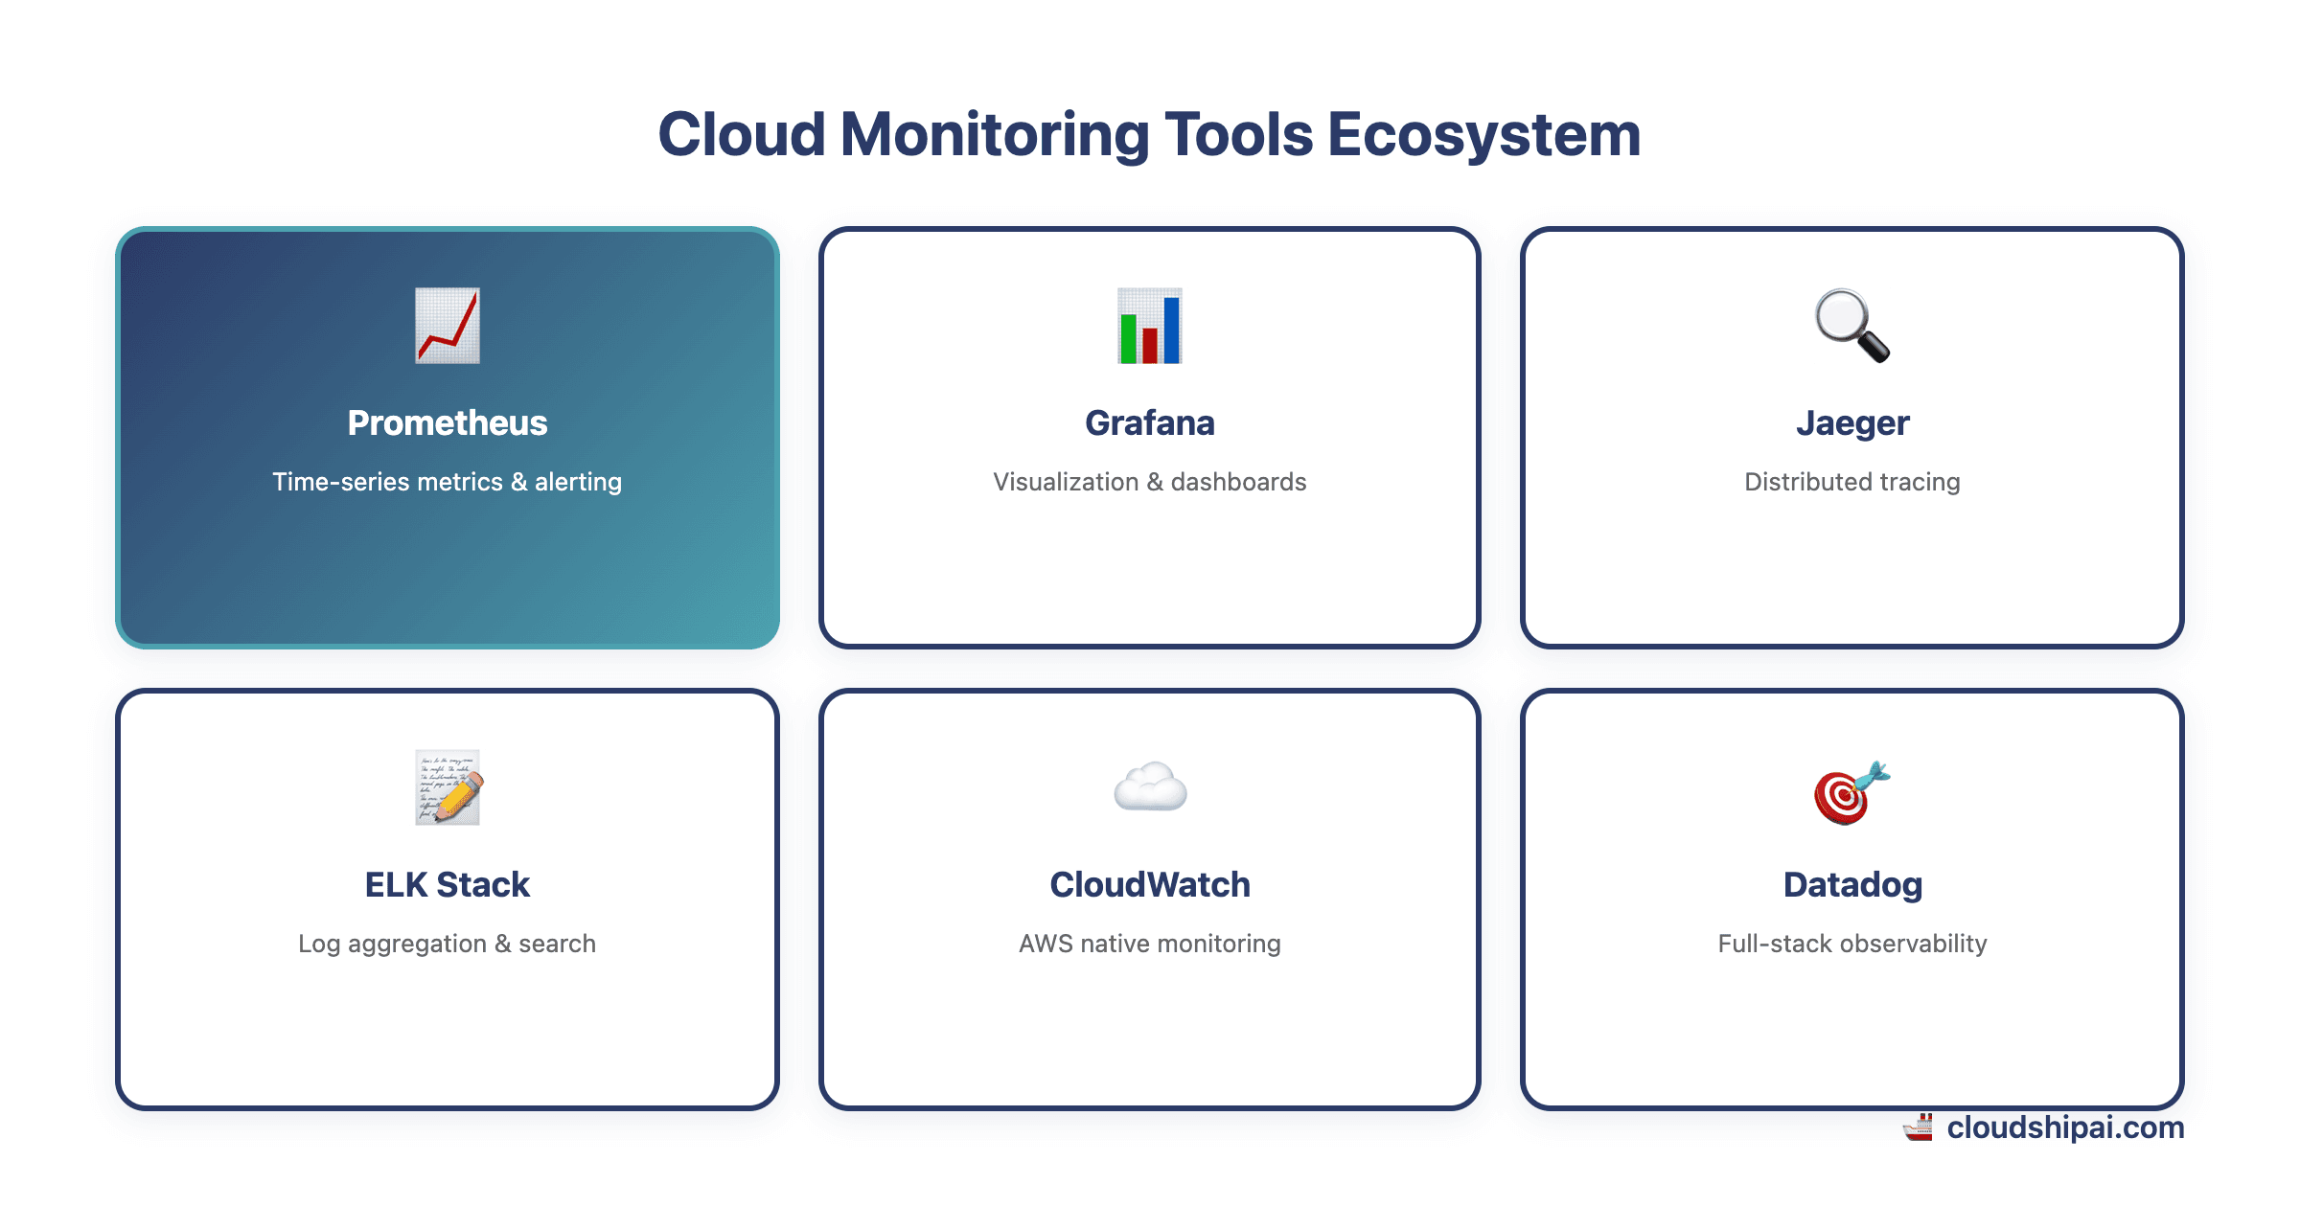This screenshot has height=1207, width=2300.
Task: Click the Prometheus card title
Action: click(447, 422)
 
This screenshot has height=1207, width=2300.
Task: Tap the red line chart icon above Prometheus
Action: click(447, 326)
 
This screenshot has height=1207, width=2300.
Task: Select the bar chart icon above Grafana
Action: click(1149, 326)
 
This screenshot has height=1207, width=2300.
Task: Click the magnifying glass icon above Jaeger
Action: click(1851, 326)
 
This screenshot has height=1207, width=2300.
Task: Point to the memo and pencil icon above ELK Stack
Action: click(447, 787)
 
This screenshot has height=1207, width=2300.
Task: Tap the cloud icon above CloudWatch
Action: click(1149, 787)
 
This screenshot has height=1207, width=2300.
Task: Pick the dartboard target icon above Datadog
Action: click(1851, 791)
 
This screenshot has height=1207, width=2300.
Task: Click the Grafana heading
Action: click(1149, 422)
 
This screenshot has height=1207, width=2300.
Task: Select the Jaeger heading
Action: click(1851, 422)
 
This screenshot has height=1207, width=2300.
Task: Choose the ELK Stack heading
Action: click(447, 884)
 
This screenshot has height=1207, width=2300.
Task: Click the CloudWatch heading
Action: click(1149, 884)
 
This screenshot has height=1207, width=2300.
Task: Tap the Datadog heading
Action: click(1851, 884)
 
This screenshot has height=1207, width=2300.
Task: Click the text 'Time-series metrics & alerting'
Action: click(447, 482)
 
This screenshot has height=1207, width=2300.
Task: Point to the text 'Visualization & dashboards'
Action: click(1149, 482)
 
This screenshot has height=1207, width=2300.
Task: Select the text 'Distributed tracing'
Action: click(1851, 482)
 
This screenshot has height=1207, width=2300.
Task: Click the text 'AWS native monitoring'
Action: click(1149, 944)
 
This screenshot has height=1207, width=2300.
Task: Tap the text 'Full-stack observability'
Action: click(1851, 944)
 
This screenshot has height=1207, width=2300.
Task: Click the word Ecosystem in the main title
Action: click(1483, 134)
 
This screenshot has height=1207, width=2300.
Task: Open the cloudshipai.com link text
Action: click(2065, 1127)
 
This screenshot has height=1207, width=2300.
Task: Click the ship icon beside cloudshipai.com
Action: click(1918, 1127)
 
